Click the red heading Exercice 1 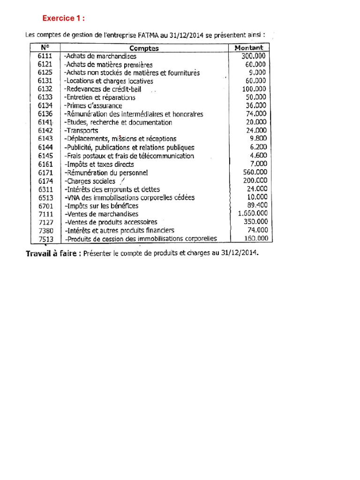click(64, 18)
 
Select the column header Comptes click(144, 48)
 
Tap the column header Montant click(251, 47)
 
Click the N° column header click(45, 47)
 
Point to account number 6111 click(45, 56)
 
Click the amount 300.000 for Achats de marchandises click(254, 56)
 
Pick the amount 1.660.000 click(253, 214)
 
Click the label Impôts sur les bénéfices click(102, 206)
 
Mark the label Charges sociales click(90, 181)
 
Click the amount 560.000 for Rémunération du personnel click(255, 172)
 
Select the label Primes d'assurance click(93, 106)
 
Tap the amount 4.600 click(258, 156)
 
